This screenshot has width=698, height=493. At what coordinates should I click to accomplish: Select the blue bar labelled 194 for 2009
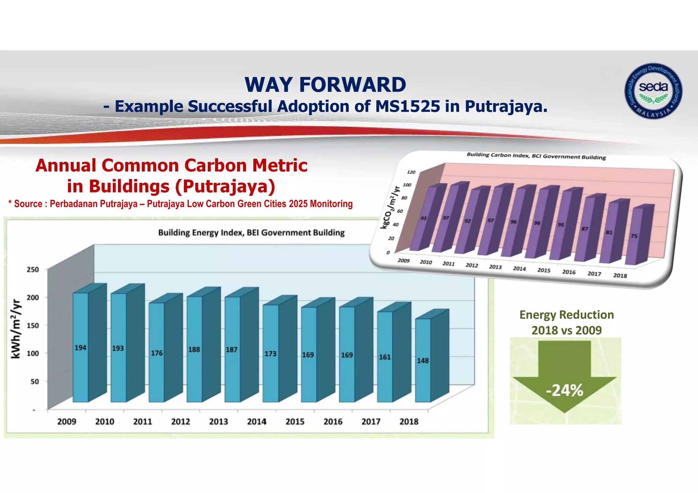coord(80,348)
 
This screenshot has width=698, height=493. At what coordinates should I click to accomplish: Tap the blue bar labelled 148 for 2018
coord(423,361)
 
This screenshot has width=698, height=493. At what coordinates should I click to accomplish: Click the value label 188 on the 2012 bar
coord(194,350)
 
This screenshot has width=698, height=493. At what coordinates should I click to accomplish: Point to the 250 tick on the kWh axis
coord(33,270)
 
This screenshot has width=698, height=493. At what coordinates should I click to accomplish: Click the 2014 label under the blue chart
coord(256,422)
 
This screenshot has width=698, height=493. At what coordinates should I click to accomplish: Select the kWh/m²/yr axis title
coord(16,329)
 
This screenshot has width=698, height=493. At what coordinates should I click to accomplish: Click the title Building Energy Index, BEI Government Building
coord(251,233)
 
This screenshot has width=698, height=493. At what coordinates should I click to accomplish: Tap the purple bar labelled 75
coord(634,236)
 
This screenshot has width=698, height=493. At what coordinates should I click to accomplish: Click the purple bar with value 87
coord(585,229)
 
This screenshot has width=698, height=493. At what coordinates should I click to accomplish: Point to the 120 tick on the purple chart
coord(411,172)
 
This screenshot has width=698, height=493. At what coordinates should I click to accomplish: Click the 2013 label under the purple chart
coord(495,267)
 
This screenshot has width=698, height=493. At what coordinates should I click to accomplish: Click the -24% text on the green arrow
coord(565,391)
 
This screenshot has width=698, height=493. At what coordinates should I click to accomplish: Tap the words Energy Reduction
coord(566,315)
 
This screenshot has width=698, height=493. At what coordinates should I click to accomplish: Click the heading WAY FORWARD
coord(325,85)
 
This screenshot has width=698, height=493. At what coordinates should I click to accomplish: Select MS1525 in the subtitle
coord(407,106)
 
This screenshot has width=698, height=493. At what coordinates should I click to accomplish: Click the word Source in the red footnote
coord(28,204)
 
